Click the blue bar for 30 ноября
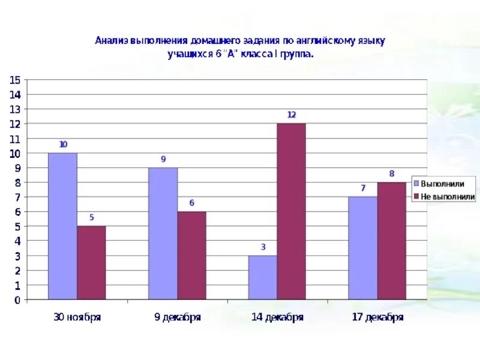[62, 226]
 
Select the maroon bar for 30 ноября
[91, 263]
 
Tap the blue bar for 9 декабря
[163, 233]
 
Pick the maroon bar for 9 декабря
[191, 256]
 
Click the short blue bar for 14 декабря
[262, 277]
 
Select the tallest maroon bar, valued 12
[291, 211]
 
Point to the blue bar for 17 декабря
[362, 248]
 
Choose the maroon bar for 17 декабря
[391, 241]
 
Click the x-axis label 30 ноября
[77, 317]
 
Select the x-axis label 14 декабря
[277, 317]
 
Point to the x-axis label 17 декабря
[377, 317]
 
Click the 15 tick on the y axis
[15, 80]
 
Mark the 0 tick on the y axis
[17, 299]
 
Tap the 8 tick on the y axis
[17, 182]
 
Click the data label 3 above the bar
[263, 247]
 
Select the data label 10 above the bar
[63, 145]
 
